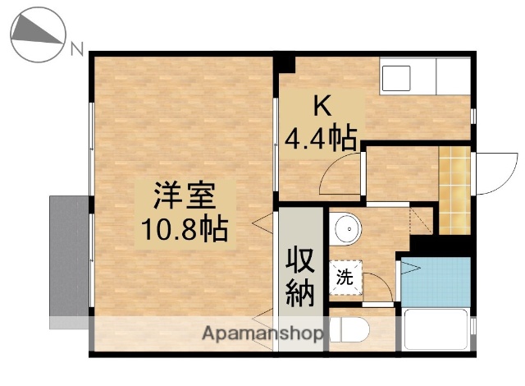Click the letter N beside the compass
77,49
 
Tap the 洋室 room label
184,197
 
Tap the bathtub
436,333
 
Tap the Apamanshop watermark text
263,334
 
